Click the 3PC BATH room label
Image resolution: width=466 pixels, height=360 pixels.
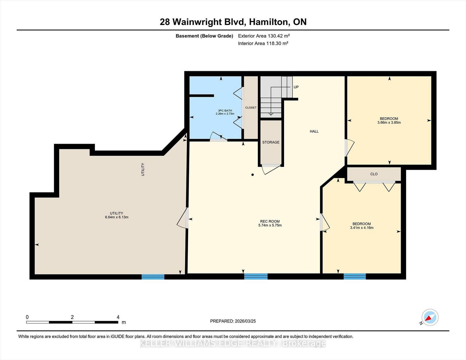tap(225, 111)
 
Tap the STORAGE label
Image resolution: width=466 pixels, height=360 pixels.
tap(271, 142)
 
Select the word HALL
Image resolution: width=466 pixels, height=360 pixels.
tap(314, 131)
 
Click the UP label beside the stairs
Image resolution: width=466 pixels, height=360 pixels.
tap(296, 87)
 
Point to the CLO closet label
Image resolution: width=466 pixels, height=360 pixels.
tap(374, 174)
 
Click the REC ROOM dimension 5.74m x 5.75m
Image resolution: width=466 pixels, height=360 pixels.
tap(270, 225)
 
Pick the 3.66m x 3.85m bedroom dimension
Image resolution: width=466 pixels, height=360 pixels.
tap(389, 123)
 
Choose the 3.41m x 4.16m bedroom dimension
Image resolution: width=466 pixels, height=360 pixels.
tap(362, 228)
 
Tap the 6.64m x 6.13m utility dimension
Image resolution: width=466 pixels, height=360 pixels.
tap(117, 217)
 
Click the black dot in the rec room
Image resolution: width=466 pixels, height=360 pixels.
tap(253, 175)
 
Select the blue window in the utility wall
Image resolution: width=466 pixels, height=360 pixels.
tap(153, 277)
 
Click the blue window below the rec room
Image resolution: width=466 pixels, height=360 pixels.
tap(256, 277)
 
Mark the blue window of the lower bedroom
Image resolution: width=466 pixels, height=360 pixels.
tap(355, 277)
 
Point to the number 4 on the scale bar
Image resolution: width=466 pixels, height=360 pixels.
tap(118, 317)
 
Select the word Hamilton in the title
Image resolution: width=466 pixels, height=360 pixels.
tap(269, 22)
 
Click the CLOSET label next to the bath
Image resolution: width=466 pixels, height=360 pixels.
tap(251, 108)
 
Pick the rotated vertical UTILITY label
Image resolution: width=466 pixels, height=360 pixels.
tap(143, 169)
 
